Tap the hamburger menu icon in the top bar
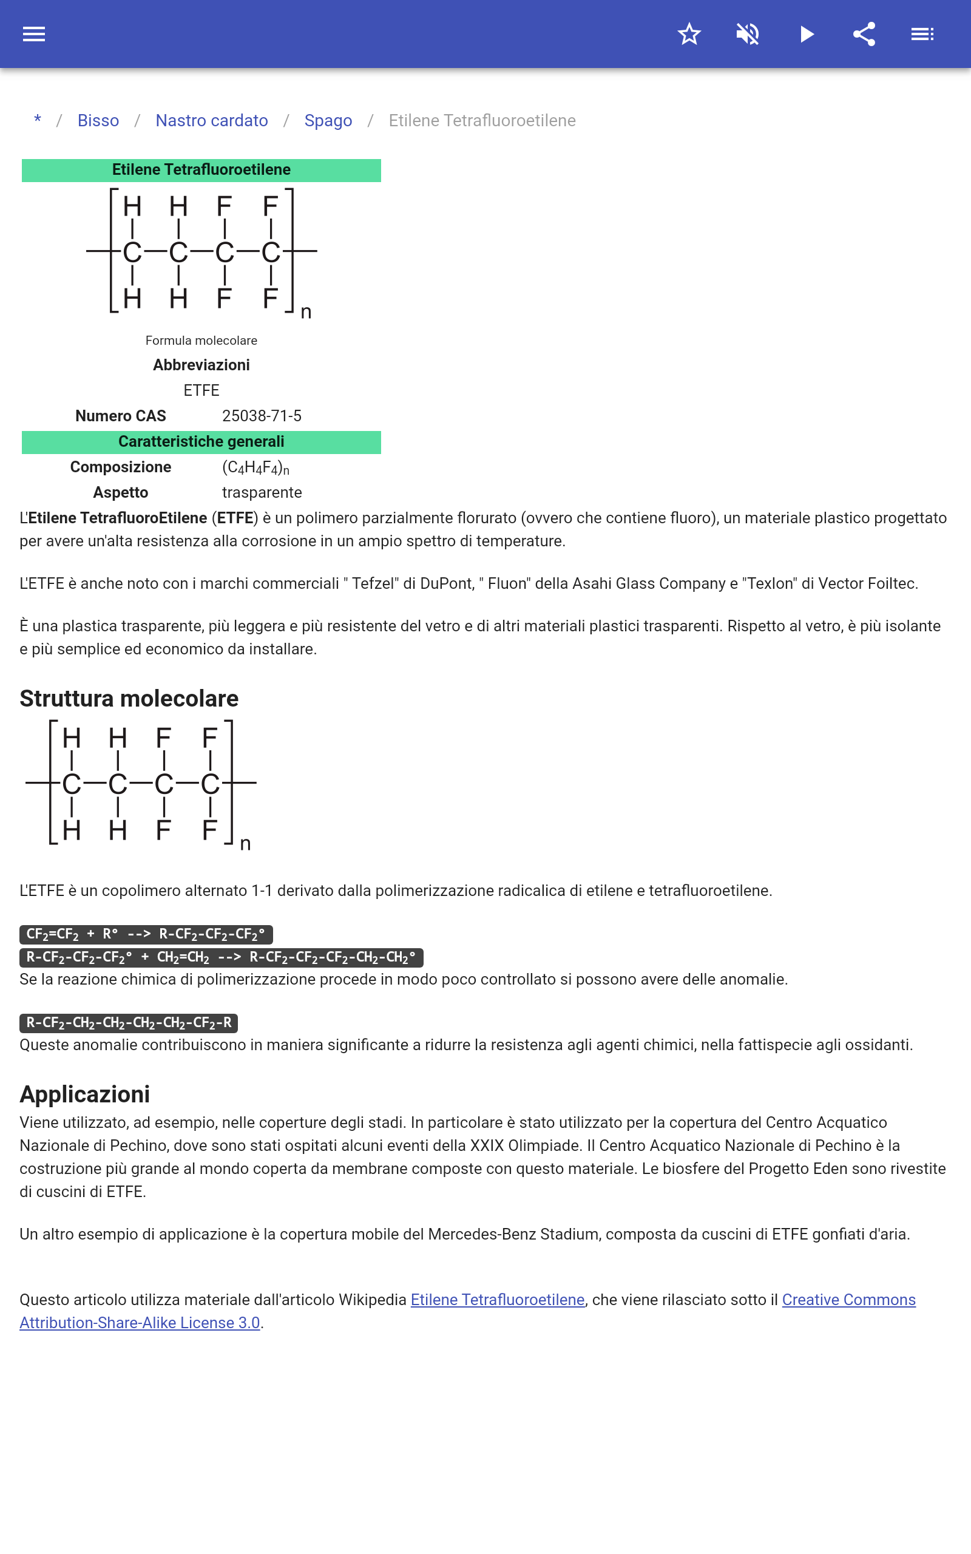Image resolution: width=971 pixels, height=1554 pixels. pyautogui.click(x=34, y=34)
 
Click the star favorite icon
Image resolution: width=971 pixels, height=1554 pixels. pyautogui.click(x=689, y=34)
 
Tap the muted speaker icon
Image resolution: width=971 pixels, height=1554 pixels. pyautogui.click(x=748, y=34)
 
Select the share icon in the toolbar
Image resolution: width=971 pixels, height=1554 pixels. pyautogui.click(x=864, y=34)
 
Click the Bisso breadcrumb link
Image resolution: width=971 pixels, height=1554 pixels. pyautogui.click(x=98, y=121)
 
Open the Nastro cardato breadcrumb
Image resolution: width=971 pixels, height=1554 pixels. pyautogui.click(x=211, y=121)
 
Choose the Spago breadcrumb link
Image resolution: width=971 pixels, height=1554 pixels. pyautogui.click(x=328, y=121)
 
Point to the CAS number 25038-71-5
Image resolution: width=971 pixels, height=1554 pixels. pyautogui.click(x=262, y=416)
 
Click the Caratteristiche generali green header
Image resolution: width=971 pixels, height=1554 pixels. pyautogui.click(x=201, y=442)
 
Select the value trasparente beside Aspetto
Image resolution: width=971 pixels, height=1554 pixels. pyautogui.click(x=262, y=492)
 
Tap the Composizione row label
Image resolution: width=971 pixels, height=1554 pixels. pyautogui.click(x=120, y=467)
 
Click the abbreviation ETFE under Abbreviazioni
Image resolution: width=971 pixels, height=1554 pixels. pyautogui.click(x=201, y=390)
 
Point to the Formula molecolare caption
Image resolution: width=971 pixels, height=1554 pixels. pyautogui.click(x=201, y=341)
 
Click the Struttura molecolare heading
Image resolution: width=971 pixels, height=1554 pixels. pyautogui.click(x=129, y=699)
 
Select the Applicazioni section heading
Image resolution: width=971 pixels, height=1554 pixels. pyautogui.click(x=85, y=1094)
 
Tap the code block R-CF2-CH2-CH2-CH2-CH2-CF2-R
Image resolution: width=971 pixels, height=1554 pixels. pyautogui.click(x=129, y=1022)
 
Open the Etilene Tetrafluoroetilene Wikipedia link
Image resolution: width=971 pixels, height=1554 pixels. pyautogui.click(x=497, y=1300)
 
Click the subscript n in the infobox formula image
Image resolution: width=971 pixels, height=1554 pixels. pyautogui.click(x=306, y=313)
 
